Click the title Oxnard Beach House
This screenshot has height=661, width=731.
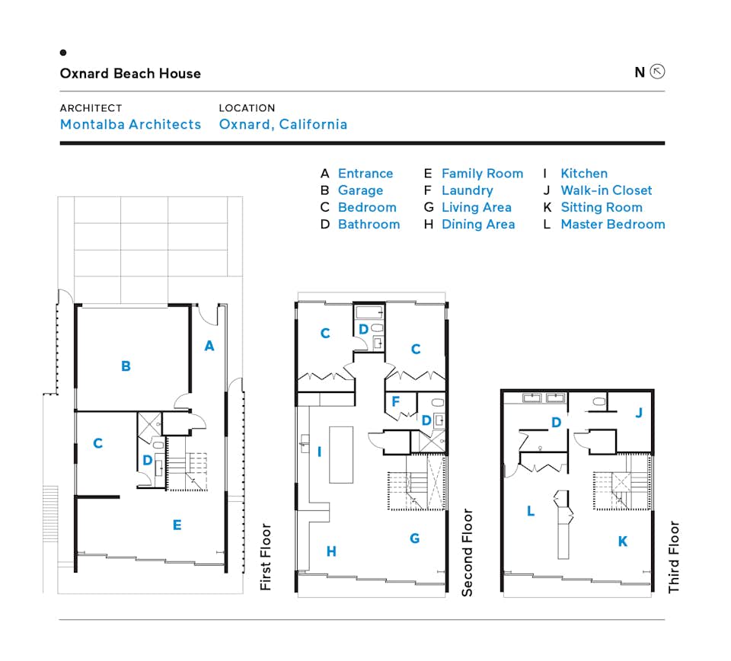(130, 74)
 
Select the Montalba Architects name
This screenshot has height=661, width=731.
(130, 124)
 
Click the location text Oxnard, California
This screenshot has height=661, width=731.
(283, 124)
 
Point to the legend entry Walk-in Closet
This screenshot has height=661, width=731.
(606, 190)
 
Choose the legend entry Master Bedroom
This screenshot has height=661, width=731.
(612, 224)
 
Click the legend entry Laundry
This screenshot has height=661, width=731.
(467, 190)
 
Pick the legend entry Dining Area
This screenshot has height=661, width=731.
(477, 224)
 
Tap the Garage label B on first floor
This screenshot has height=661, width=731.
(126, 366)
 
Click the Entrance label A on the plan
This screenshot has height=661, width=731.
(209, 346)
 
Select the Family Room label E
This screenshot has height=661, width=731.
(177, 525)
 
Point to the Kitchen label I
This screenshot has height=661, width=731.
(319, 452)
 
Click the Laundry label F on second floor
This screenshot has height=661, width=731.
(395, 401)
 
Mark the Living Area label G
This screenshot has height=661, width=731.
(415, 538)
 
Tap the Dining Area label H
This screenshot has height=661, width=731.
(331, 552)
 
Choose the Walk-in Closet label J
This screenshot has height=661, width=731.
(639, 413)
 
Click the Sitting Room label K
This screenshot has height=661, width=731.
(623, 541)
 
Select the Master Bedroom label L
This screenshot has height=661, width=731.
(531, 512)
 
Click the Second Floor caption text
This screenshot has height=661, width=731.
(468, 552)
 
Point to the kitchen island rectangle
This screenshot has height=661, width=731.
(342, 455)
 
